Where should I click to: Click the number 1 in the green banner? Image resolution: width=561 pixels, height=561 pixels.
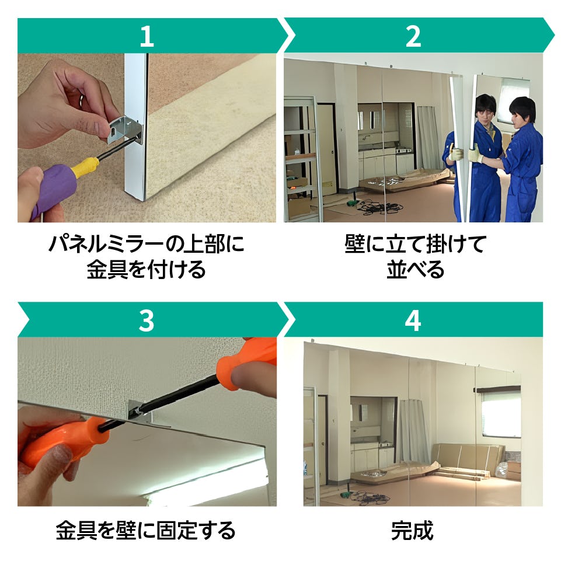click(x=147, y=36)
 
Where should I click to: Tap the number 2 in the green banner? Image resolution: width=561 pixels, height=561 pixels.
click(x=413, y=36)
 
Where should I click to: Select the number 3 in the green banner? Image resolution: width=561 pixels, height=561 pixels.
click(x=147, y=320)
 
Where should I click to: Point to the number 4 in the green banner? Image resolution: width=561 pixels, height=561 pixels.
click(x=413, y=320)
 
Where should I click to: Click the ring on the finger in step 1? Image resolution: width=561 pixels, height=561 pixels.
click(x=82, y=100)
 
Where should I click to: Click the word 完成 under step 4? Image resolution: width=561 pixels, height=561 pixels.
click(x=412, y=531)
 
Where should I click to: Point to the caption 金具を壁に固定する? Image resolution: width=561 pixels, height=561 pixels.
click(x=145, y=531)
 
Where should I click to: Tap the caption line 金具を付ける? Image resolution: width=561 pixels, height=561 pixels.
click(x=146, y=270)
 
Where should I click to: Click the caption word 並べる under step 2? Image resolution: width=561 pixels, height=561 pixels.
click(x=416, y=270)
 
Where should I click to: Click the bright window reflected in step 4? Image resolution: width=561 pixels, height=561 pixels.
click(x=501, y=414)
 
